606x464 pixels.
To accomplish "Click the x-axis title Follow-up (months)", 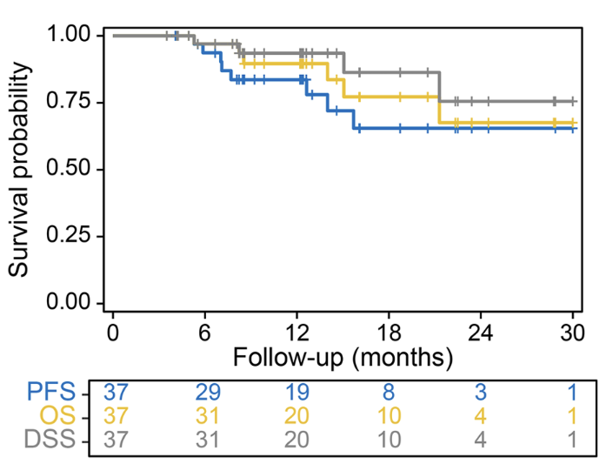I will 343,356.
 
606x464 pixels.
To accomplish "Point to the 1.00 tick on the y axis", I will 70,36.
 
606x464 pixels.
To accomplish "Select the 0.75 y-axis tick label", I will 70,103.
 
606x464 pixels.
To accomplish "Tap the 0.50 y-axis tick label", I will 70,169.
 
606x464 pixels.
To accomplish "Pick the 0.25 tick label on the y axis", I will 70,236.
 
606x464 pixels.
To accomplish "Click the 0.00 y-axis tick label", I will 70,303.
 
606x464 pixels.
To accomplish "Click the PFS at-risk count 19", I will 296,391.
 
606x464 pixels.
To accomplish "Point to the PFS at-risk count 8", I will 389,391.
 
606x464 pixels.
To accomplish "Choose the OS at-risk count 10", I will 389,414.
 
